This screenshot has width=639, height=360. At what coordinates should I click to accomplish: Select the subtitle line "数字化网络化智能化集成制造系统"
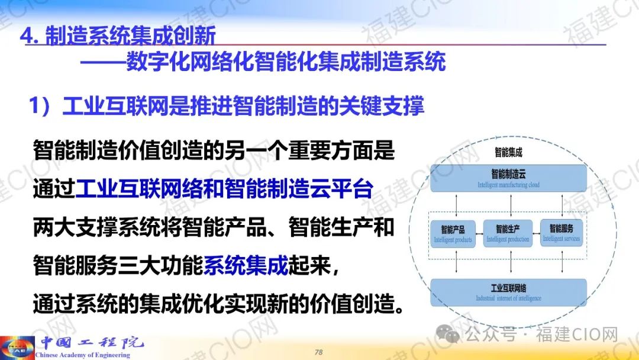286,62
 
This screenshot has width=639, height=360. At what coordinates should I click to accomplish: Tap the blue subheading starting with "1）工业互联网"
226,106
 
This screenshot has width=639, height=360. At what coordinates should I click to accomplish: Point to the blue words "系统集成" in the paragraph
246,265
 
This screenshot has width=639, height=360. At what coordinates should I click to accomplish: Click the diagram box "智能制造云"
508,179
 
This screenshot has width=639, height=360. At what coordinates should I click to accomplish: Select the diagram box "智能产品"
453,234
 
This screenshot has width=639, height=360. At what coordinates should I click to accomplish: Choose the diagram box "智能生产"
508,233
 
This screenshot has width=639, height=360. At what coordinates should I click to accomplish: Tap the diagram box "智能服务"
561,233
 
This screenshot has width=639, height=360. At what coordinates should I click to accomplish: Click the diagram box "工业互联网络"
508,292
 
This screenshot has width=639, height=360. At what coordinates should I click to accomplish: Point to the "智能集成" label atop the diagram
508,153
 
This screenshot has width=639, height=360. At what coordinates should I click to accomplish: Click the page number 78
319,352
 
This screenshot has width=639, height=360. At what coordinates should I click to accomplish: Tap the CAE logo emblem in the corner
17,348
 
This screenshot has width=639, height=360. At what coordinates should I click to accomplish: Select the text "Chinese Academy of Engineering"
83,355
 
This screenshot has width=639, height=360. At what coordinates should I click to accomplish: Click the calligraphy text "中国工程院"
92,342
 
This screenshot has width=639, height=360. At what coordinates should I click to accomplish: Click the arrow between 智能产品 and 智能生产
479,234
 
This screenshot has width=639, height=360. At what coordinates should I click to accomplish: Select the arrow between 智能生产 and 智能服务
536,234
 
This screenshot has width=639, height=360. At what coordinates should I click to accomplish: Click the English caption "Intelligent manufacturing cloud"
509,185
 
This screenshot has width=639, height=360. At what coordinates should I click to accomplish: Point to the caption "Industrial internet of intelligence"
509,298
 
